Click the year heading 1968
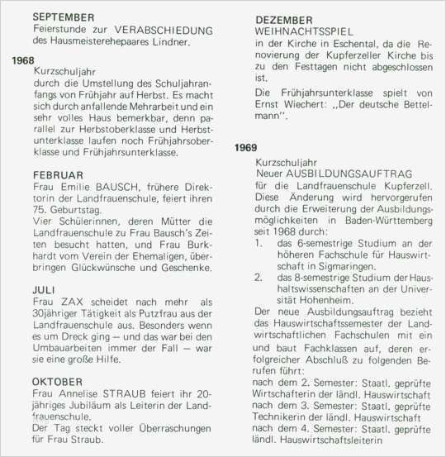pyautogui.click(x=24, y=60)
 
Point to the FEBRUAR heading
pyautogui.click(x=59, y=174)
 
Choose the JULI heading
pyautogui.click(x=46, y=290)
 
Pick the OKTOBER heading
pyautogui.click(x=58, y=381)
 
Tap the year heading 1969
pyautogui.click(x=245, y=147)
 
